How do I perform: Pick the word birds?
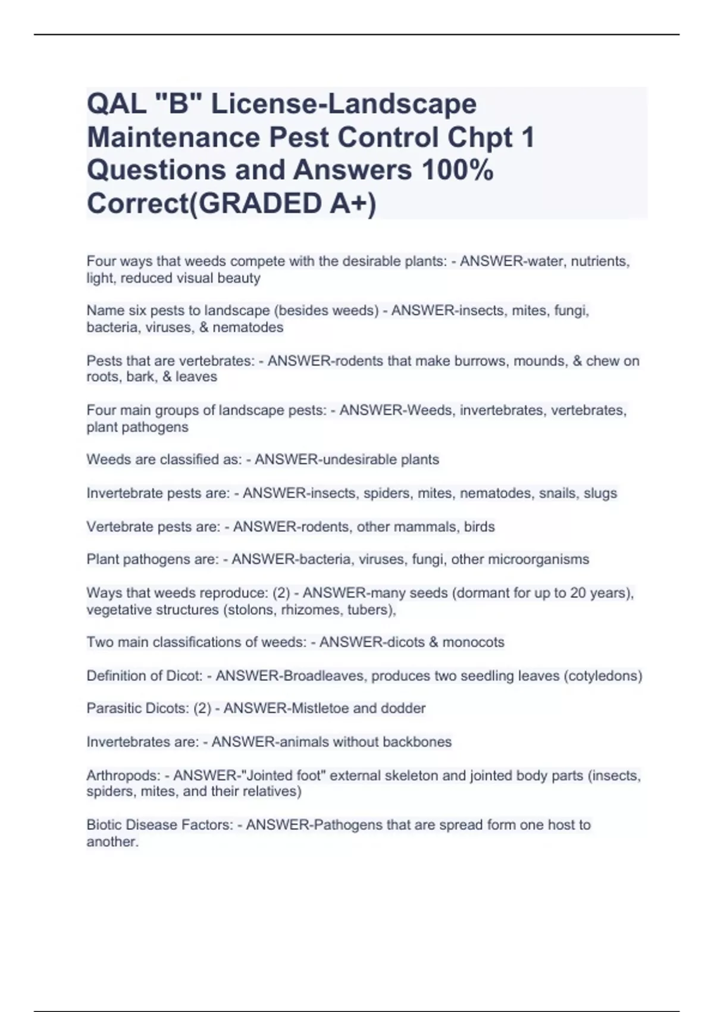(x=479, y=527)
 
